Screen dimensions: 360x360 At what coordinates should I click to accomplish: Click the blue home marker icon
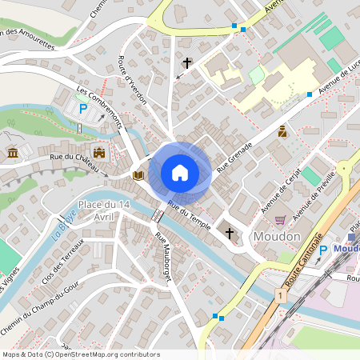tap(180, 172)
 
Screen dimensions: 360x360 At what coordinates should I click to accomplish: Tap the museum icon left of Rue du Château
tap(13, 152)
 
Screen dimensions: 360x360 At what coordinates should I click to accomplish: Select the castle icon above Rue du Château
tap(99, 152)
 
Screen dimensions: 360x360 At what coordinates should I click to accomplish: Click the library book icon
tap(138, 174)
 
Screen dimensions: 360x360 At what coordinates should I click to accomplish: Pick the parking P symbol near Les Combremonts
tap(82, 107)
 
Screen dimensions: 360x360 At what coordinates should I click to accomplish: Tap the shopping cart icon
tap(280, 220)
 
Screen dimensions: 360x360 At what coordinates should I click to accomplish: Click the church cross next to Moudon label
tap(230, 234)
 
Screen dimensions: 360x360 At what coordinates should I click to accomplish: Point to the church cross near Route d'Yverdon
tap(188, 62)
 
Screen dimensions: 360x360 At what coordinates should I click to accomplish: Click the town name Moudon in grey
tap(275, 237)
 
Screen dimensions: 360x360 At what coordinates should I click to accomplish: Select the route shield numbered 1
tap(280, 296)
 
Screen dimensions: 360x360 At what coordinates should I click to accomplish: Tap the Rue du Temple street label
tap(189, 213)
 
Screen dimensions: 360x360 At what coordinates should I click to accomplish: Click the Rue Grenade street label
tap(234, 157)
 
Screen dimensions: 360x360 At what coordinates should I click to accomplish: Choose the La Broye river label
tap(59, 228)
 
